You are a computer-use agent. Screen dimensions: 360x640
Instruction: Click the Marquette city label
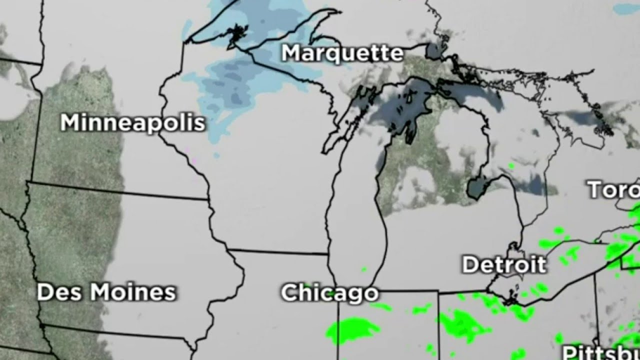click(x=342, y=53)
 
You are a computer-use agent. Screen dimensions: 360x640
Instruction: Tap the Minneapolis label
click(x=132, y=122)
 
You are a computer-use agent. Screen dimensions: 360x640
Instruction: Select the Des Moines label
click(x=106, y=292)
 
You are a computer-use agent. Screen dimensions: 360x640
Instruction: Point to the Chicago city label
click(x=329, y=293)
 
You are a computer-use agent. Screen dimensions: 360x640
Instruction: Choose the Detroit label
click(x=503, y=264)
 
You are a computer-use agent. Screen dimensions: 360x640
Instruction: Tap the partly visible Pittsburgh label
click(x=600, y=352)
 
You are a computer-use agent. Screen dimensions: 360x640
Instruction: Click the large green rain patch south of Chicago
click(x=352, y=328)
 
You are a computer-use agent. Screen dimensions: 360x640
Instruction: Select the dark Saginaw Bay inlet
click(x=477, y=188)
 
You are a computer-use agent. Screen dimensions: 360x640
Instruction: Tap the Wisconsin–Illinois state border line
click(x=277, y=251)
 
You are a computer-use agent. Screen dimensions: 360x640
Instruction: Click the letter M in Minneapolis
click(x=70, y=123)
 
